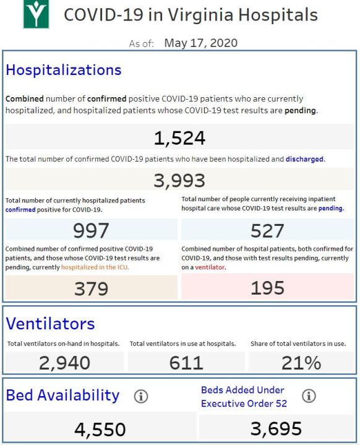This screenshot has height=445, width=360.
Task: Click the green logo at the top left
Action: click(36, 14)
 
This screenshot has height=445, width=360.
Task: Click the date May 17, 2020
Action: click(201, 43)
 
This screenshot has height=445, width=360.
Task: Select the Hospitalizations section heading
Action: click(64, 70)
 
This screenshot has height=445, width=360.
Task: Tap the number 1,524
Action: click(179, 138)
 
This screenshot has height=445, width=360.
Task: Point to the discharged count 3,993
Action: click(179, 181)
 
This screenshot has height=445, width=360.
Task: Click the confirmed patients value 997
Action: click(91, 230)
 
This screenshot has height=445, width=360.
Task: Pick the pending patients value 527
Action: click(267, 230)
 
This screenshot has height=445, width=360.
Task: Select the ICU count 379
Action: click(91, 288)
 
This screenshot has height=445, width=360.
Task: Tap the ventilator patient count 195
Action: click(267, 288)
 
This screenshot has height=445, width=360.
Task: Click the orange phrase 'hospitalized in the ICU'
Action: click(95, 267)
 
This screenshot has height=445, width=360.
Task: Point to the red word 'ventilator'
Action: click(210, 267)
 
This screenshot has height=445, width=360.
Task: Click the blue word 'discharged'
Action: click(304, 159)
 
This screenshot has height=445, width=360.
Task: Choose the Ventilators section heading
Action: click(50, 324)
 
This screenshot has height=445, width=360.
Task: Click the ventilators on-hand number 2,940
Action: click(65, 363)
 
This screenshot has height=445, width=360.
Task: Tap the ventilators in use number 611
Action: click(186, 363)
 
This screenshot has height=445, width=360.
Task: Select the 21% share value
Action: click(301, 363)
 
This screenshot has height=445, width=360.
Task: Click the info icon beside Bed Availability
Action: click(141, 396)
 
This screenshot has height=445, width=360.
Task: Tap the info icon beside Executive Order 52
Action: click(309, 395)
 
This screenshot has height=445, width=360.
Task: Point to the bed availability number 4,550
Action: click(100, 430)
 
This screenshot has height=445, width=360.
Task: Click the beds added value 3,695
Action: click(276, 428)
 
